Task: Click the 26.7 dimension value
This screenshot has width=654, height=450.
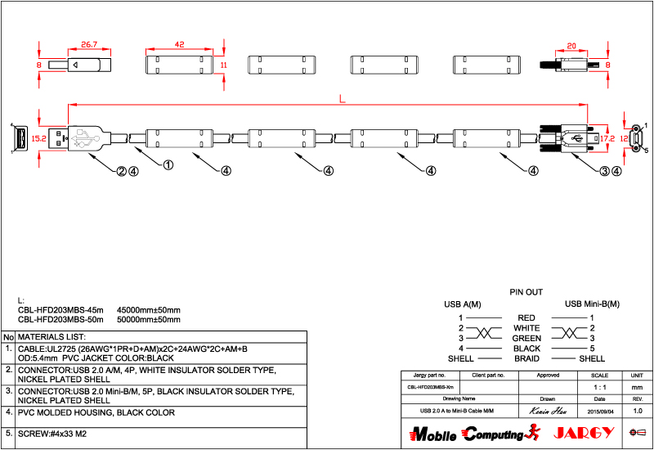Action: [89, 44]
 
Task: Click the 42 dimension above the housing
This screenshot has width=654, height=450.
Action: [179, 44]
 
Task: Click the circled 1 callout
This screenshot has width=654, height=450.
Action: [168, 165]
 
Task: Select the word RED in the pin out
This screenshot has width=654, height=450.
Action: [526, 317]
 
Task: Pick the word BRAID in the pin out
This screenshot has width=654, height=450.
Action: [526, 358]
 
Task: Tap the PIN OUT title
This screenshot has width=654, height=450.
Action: [526, 291]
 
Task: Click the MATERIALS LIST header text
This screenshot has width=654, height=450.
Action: [52, 336]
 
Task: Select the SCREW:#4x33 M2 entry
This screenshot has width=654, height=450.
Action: [52, 433]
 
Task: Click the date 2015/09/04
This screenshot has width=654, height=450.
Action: [602, 410]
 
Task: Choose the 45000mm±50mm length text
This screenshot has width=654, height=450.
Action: [149, 310]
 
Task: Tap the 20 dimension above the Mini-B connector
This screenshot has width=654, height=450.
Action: [571, 47]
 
